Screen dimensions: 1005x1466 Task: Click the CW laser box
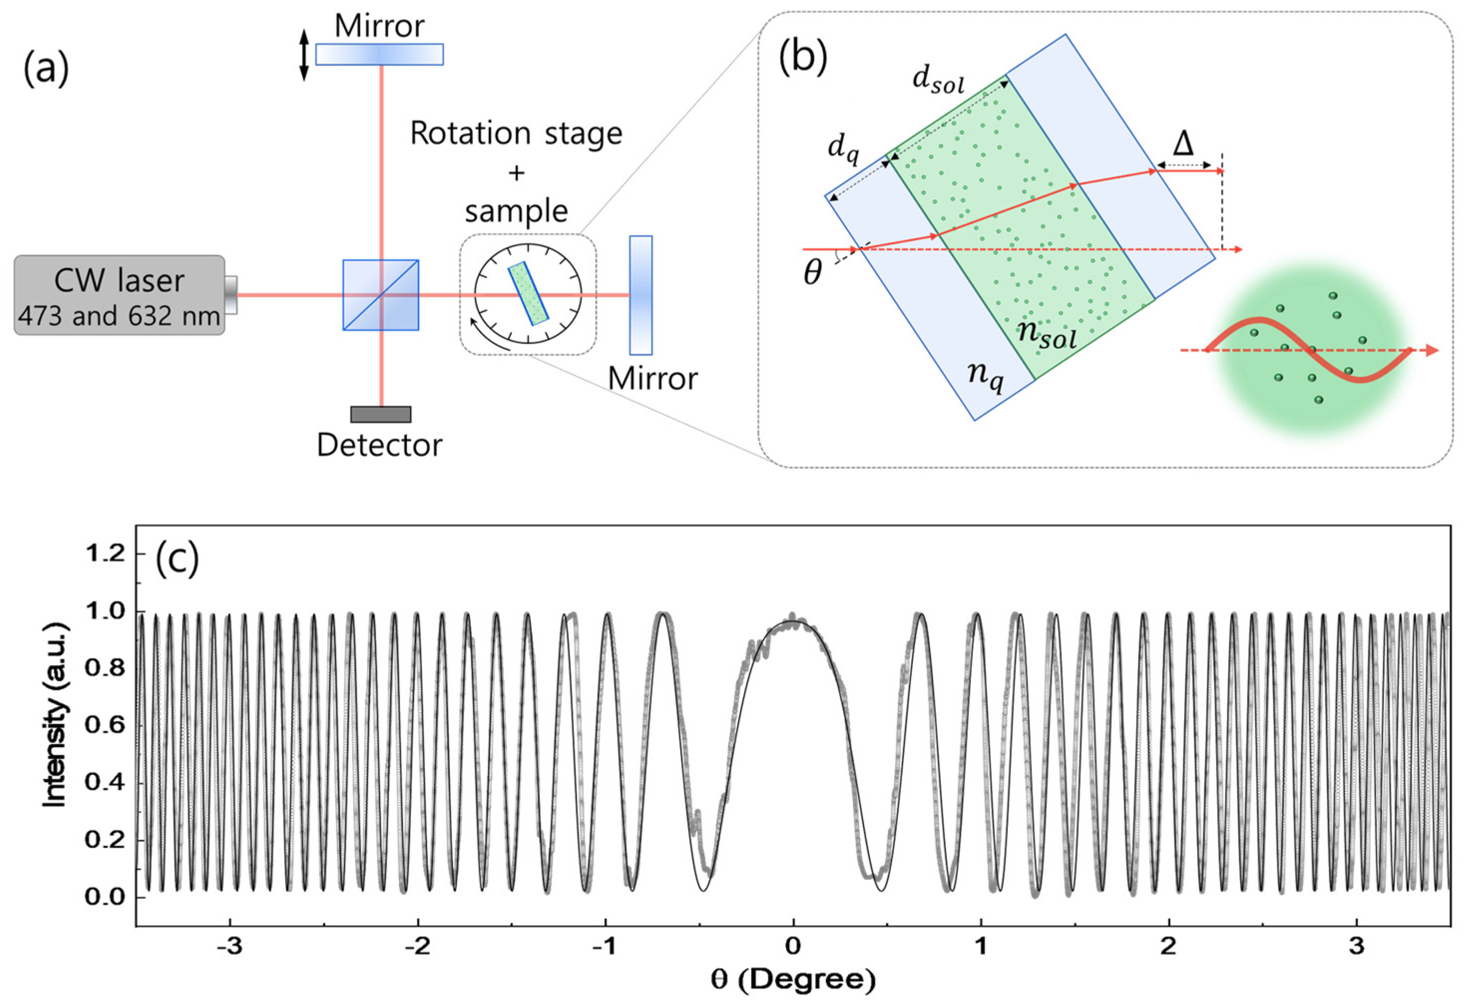pos(119,295)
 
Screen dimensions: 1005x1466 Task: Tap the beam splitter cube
pos(381,295)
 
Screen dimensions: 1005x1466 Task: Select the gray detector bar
pos(381,414)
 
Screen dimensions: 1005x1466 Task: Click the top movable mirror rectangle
pos(379,54)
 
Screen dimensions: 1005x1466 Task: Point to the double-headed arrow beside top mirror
pos(303,55)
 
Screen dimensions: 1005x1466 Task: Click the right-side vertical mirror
pos(640,295)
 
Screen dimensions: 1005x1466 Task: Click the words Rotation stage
pos(516,134)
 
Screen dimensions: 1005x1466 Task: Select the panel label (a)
pos(46,69)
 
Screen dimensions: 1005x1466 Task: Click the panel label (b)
pos(803,58)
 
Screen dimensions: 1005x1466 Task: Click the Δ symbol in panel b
pos(1183,145)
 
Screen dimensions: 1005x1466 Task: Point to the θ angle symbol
pos(813,273)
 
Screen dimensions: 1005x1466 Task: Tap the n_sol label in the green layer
pos(1047,334)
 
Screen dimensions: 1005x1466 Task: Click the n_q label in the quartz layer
pos(985,377)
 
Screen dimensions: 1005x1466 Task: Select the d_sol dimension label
pos(938,81)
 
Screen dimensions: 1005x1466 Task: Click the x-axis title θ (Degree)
pos(793,980)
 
